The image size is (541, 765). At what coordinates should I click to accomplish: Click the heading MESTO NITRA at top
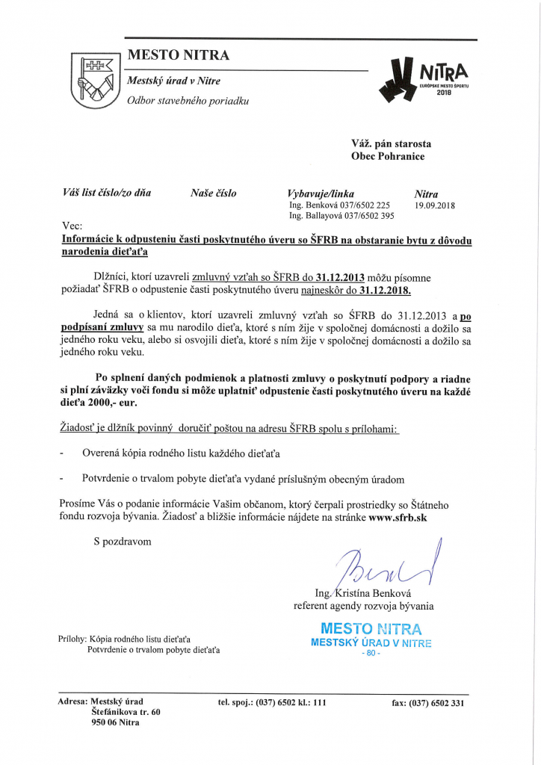[x=179, y=55]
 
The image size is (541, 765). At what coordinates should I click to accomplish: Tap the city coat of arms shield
[x=95, y=79]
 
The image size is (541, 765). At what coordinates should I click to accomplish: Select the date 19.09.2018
[x=435, y=205]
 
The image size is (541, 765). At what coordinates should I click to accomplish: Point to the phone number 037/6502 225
[x=362, y=205]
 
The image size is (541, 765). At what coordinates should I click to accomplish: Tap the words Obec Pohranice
[x=388, y=157]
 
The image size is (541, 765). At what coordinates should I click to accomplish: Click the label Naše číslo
[x=214, y=193]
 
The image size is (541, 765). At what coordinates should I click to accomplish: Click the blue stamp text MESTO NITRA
[x=371, y=628]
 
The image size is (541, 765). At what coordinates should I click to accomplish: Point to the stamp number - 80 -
[x=371, y=653]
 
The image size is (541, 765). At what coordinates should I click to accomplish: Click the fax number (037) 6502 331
[x=428, y=702]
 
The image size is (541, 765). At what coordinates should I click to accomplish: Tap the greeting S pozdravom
[x=122, y=541]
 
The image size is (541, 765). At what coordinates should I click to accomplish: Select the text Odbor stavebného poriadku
[x=188, y=99]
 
